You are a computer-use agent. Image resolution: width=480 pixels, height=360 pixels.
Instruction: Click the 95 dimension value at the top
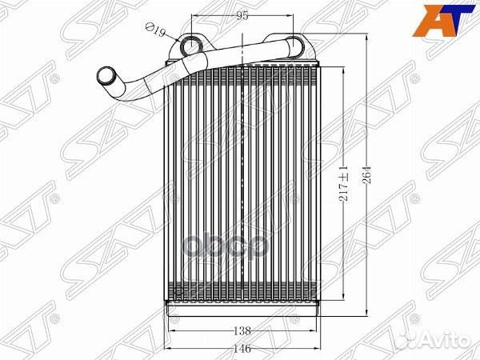pyautogui.click(x=242, y=16)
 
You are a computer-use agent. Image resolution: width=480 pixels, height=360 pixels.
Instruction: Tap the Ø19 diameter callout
pyautogui.click(x=155, y=30)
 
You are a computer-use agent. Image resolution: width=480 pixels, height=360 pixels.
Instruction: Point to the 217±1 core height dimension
pyautogui.click(x=344, y=184)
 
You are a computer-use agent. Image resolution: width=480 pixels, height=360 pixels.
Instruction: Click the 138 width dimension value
pyautogui.click(x=242, y=330)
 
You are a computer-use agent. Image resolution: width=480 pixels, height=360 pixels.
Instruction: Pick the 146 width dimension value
pyautogui.click(x=242, y=348)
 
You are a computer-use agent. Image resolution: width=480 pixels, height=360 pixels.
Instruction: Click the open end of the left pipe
pyautogui.click(x=105, y=76)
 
